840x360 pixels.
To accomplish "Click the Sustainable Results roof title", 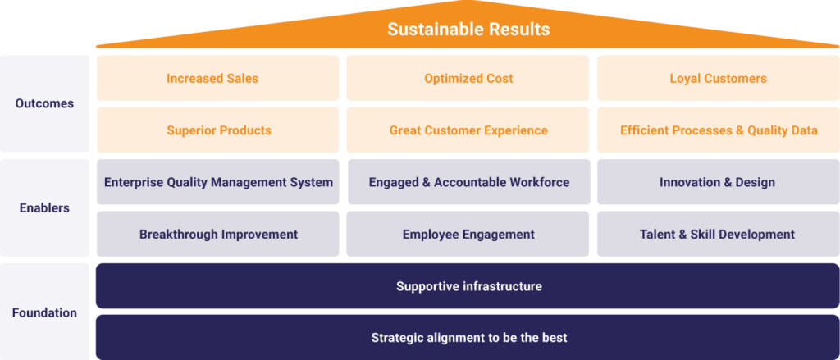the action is pyautogui.click(x=468, y=29).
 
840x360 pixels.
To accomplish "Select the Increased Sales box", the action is pyautogui.click(x=217, y=78).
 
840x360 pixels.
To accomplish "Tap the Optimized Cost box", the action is pyautogui.click(x=468, y=78).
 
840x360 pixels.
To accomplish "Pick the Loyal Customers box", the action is pyautogui.click(x=718, y=78).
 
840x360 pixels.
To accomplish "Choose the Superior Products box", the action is pyautogui.click(x=217, y=130).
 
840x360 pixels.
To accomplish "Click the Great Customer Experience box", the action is pyautogui.click(x=468, y=130).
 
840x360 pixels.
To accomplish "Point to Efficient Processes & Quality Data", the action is pyautogui.click(x=718, y=130).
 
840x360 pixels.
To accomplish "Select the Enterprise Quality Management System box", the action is pyautogui.click(x=217, y=182).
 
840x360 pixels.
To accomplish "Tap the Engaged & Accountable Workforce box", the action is pyautogui.click(x=468, y=182).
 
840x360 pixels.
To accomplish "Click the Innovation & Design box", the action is pyautogui.click(x=718, y=182).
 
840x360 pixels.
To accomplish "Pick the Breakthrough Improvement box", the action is pyautogui.click(x=217, y=234).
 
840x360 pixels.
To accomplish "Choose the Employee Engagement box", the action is pyautogui.click(x=468, y=234).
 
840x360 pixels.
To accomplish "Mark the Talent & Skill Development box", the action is pyautogui.click(x=718, y=234).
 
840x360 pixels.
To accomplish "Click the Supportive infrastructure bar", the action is pyautogui.click(x=468, y=286).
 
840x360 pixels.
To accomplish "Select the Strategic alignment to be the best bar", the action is pyautogui.click(x=468, y=338).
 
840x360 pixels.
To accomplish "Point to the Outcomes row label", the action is pyautogui.click(x=44, y=103).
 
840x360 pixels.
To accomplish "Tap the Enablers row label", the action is pyautogui.click(x=44, y=207).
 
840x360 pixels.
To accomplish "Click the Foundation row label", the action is pyautogui.click(x=44, y=313).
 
